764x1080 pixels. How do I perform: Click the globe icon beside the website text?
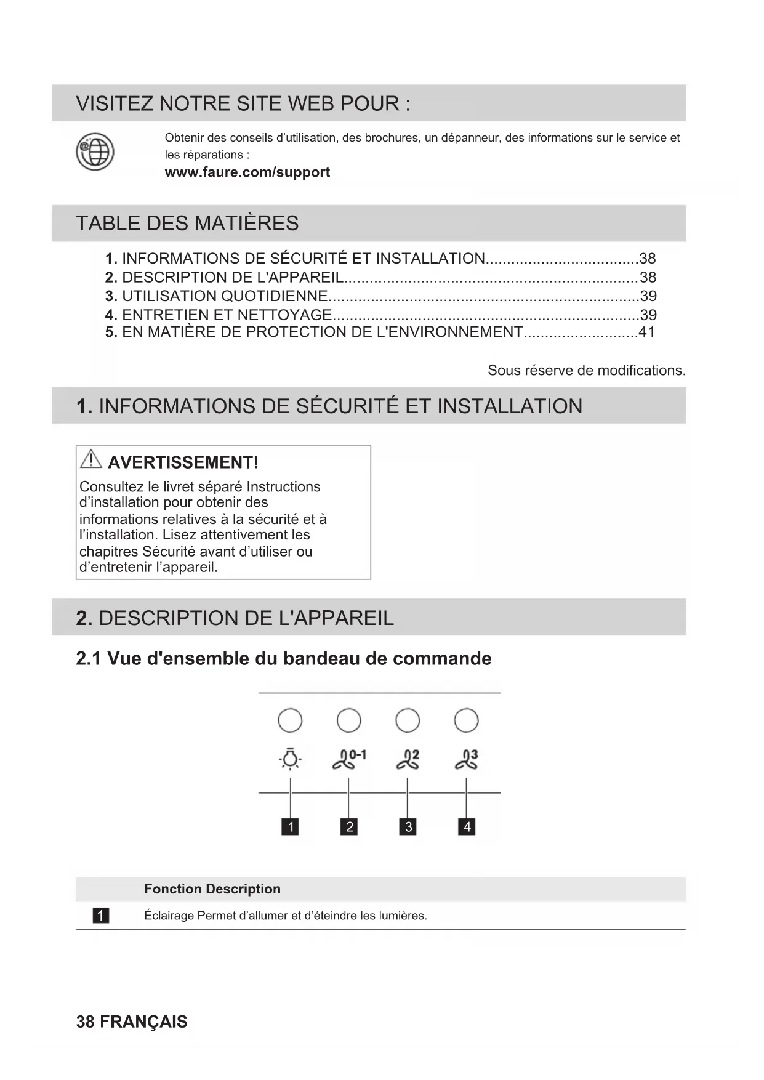click(95, 151)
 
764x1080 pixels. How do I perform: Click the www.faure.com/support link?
click(247, 172)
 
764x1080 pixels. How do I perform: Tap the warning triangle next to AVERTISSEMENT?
click(91, 459)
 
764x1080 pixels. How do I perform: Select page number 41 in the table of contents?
click(646, 332)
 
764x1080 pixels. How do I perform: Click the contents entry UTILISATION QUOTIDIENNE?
click(224, 296)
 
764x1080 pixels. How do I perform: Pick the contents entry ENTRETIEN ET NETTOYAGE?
click(227, 315)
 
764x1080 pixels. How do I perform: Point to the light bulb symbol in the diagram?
click(290, 759)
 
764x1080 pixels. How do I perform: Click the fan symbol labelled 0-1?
click(348, 759)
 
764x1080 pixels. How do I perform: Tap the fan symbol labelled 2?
click(408, 759)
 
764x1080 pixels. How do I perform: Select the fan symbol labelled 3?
click(466, 759)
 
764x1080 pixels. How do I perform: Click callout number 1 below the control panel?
click(290, 826)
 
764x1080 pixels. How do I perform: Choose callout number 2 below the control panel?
click(349, 826)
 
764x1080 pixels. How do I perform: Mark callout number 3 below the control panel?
click(408, 826)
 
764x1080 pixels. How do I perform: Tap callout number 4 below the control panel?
click(467, 826)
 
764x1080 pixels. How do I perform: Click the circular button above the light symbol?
click(290, 720)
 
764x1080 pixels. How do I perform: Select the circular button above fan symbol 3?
click(466, 720)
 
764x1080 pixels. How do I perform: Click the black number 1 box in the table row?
click(100, 916)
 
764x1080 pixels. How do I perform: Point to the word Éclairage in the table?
click(169, 916)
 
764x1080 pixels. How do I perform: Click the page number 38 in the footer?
click(85, 1022)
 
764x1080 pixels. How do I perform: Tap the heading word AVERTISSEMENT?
click(183, 462)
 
